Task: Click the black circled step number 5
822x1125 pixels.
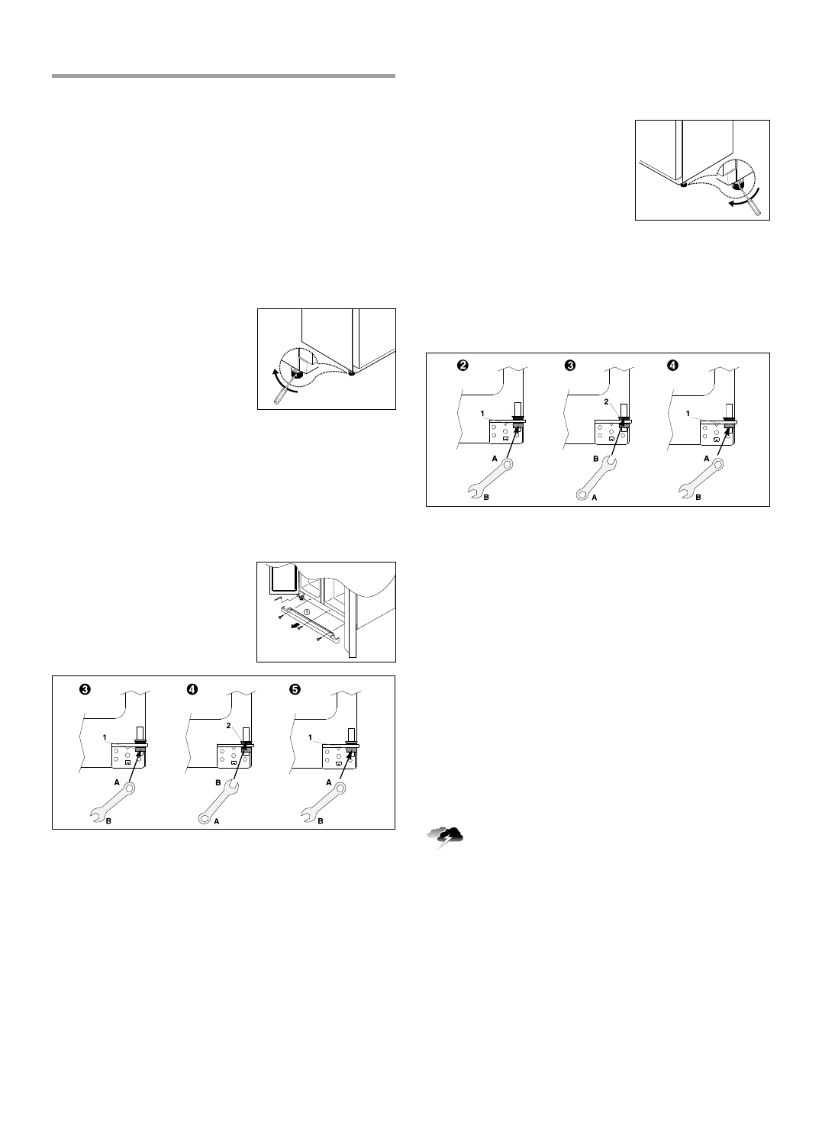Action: coord(294,688)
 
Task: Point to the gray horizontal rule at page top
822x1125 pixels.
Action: coord(224,76)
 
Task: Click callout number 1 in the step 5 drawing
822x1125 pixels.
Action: coord(310,737)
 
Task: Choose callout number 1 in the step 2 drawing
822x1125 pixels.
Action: coord(482,413)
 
